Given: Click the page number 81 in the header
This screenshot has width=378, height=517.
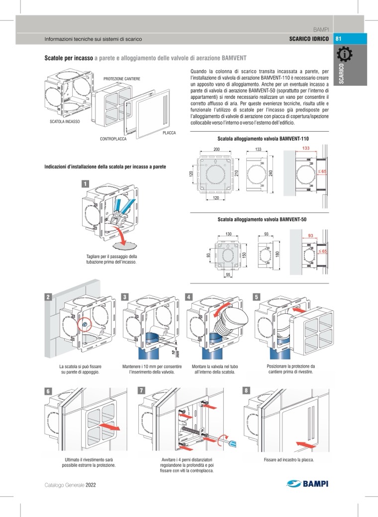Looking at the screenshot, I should pos(339,39).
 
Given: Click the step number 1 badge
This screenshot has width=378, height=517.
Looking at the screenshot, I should pos(86,184).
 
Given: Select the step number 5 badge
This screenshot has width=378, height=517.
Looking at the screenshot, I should pos(256,296).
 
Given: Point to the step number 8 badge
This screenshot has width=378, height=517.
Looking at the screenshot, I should pos(247,390).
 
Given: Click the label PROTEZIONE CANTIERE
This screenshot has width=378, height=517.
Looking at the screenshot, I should pos(122,79).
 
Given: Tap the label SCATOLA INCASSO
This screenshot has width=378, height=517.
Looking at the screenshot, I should pos(65,121).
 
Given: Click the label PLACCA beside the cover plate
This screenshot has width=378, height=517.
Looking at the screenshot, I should pos(169,133).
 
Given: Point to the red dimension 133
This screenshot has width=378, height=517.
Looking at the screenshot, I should pos(306,148).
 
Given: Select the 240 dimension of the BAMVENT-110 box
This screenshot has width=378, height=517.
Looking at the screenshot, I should pos(271,172).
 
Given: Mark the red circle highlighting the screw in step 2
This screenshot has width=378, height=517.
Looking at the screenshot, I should pos(85,324).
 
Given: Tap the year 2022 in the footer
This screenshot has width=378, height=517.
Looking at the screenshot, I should pos(91,484).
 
